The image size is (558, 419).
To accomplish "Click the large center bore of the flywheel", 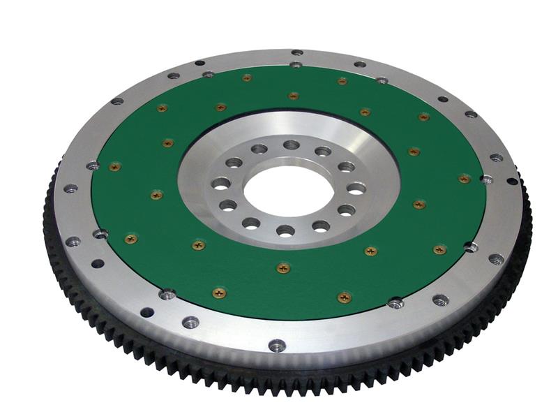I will click(285, 190).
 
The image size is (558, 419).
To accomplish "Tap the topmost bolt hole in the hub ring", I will click(292, 145).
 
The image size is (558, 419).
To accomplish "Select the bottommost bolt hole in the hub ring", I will click(284, 230).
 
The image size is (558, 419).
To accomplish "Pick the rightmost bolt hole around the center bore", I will click(356, 188).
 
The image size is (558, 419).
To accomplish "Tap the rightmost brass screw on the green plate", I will click(464, 179).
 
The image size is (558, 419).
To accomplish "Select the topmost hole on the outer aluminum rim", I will click(296, 52).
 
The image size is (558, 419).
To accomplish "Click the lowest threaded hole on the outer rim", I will click(277, 346).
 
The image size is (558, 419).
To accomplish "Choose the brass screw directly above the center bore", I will click(293, 96).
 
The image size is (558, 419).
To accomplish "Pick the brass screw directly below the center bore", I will click(282, 267).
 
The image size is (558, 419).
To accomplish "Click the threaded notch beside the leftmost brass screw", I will click(92, 166).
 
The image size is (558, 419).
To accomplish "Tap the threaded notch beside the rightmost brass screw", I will click(486, 179).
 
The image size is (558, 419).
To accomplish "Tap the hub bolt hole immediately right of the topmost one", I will click(323, 151).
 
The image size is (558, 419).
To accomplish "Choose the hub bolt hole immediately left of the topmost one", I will click(259, 149).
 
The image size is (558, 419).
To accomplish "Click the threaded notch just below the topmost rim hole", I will click(296, 64).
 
